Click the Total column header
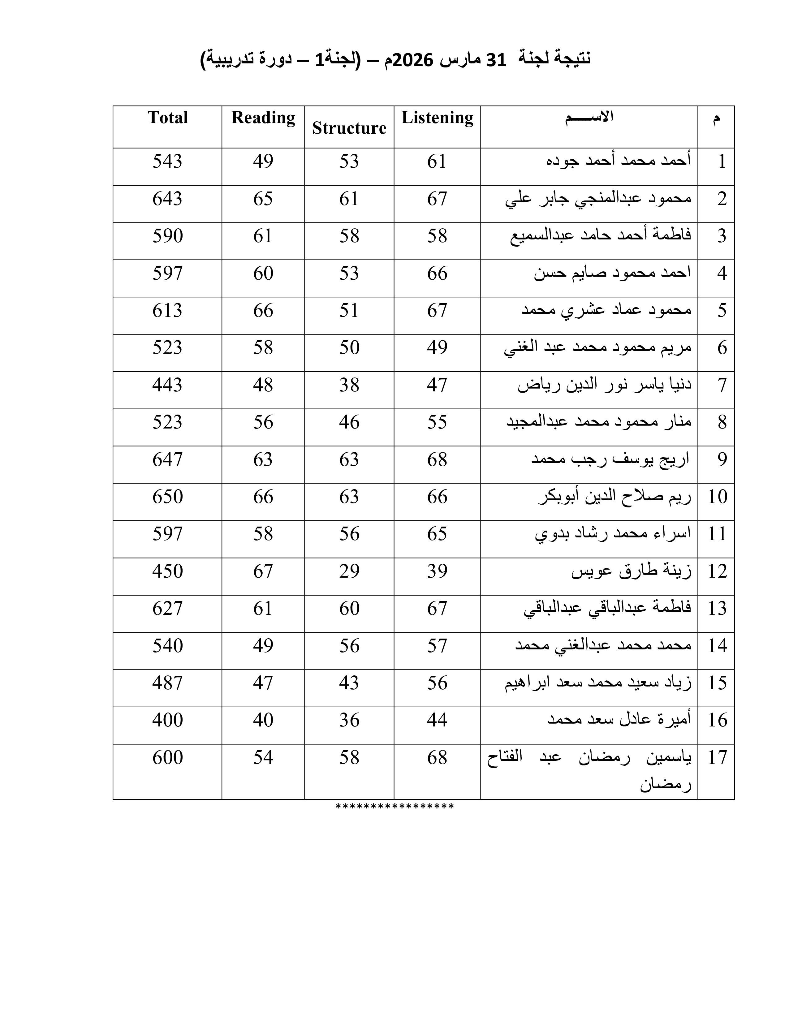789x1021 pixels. coord(167,117)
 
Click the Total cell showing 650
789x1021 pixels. coord(167,497)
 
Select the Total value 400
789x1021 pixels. coord(167,720)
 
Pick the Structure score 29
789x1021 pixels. coord(349,571)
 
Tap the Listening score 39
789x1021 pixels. coord(437,571)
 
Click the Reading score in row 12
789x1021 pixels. coord(263,571)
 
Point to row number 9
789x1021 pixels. coord(722,459)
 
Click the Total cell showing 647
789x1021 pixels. coord(167,459)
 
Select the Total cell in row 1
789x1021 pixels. coord(167,161)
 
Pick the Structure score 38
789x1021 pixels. coord(349,385)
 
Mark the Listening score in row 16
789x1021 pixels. coord(437,720)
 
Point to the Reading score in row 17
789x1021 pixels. coord(263,758)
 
